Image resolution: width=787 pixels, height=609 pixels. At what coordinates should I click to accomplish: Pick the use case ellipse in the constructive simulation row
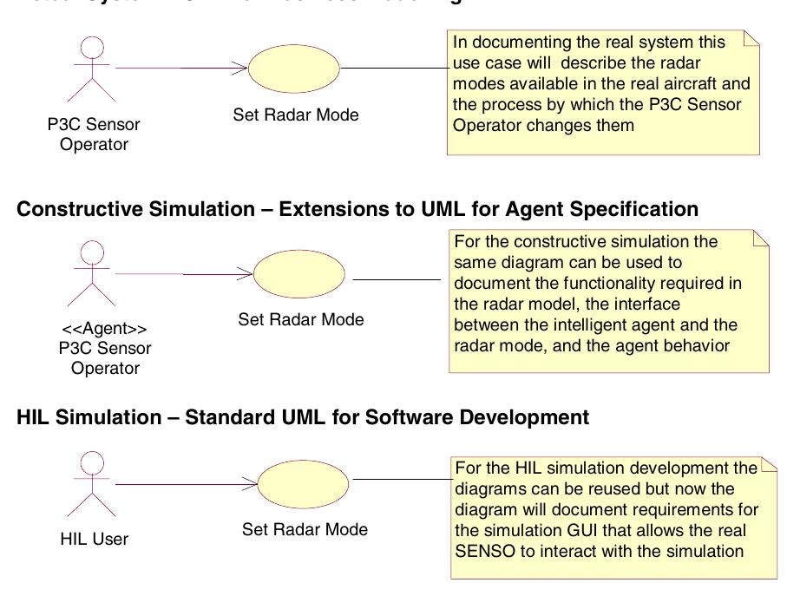[301, 275]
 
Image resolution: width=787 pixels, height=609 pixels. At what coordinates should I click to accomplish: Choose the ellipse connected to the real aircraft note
[294, 68]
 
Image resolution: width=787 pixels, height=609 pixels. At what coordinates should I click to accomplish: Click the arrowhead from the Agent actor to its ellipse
[246, 275]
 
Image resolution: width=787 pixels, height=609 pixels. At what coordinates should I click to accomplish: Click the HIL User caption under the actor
[94, 539]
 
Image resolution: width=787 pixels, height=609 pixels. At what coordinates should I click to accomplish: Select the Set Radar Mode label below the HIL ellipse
[305, 529]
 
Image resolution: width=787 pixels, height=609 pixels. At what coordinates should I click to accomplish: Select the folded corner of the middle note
[761, 237]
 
